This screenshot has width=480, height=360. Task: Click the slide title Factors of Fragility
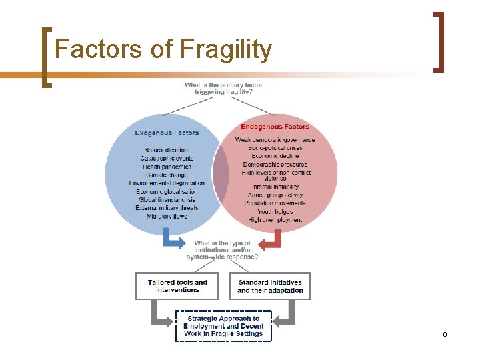[x=163, y=49]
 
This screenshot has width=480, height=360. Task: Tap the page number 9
[x=444, y=333]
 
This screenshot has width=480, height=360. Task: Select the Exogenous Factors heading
[x=167, y=133]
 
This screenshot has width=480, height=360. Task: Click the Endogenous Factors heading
[x=275, y=127]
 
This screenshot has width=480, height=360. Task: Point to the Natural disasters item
[x=167, y=150]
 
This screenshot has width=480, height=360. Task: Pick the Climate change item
[x=167, y=175]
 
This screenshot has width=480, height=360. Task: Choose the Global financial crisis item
[x=167, y=199]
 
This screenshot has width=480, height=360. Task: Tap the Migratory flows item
[x=167, y=216]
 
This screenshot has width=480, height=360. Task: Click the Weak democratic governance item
[x=275, y=139]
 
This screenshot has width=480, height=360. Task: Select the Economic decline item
[x=275, y=156]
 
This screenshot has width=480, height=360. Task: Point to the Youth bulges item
[x=275, y=211]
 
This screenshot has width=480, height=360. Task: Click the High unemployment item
[x=275, y=220]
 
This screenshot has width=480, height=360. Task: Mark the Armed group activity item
[x=275, y=195]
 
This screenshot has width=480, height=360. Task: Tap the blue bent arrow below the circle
[x=175, y=240]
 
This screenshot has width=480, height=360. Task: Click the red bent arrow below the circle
[x=272, y=240]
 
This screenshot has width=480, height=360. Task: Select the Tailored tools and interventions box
[x=177, y=286]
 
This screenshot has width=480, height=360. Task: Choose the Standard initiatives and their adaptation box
[x=270, y=286]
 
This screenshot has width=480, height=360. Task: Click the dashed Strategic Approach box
[x=223, y=326]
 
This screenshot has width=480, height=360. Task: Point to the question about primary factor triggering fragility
[x=223, y=89]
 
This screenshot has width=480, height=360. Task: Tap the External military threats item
[x=167, y=208]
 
